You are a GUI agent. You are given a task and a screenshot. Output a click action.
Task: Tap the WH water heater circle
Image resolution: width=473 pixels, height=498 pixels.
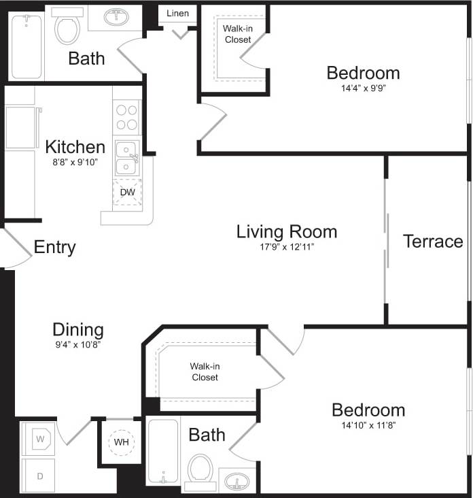pos(122,442)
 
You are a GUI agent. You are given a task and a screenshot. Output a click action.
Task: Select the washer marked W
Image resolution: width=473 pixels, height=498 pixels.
pos(39,439)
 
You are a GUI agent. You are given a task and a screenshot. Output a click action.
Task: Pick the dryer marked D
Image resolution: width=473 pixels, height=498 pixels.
pos(39,476)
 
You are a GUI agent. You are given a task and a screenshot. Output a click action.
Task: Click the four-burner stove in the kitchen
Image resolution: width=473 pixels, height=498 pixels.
pos(126,116)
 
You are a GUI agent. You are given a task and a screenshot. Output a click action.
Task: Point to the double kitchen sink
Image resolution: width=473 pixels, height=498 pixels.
pos(126,158)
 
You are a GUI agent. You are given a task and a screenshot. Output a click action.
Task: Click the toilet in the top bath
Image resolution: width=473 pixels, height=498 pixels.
pos(67,28)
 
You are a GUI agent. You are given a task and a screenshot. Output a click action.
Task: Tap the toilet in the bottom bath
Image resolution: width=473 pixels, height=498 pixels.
pos(201,470)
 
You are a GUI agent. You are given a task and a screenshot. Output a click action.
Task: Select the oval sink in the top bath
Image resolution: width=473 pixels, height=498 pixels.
pos(120,16)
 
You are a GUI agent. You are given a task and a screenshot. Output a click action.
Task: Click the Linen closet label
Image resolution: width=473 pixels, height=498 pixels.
pos(177,14)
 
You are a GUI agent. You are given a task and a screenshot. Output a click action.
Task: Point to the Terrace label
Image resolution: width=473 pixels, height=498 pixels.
pos(433,242)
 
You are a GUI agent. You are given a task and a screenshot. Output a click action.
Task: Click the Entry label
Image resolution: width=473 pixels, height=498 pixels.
pos(54,248)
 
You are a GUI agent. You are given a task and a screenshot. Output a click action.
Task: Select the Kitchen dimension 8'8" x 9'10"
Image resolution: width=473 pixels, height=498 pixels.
pos(74,163)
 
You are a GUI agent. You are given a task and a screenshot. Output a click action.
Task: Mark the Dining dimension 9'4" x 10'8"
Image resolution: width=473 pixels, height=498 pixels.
pos(78,345)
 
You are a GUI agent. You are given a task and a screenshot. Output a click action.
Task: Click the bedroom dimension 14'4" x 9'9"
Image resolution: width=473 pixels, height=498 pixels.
pos(362,88)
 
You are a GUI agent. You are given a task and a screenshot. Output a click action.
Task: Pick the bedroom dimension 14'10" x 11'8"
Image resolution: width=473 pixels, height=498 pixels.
pos(368,426)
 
